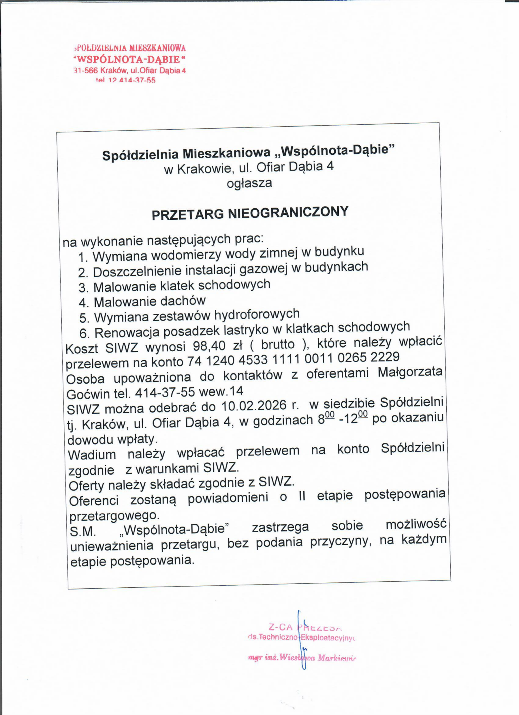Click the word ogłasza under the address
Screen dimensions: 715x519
pos(249,184)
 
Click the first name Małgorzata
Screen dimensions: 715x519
pos(410,372)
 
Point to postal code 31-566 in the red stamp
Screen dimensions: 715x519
pos(86,71)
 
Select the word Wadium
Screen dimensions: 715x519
pos(92,454)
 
